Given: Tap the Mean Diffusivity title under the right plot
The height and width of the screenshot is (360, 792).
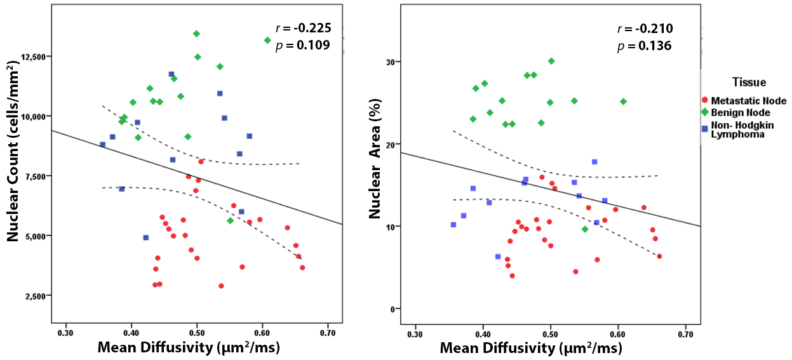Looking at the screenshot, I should [x=531, y=348].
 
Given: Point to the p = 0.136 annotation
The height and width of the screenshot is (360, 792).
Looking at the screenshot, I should [x=644, y=46].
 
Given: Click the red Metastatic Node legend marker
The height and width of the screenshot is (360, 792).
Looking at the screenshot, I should [x=705, y=101].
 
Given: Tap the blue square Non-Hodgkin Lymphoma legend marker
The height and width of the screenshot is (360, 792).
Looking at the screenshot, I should [x=705, y=128].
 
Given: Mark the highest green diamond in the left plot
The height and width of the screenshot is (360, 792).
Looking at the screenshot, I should [x=196, y=34].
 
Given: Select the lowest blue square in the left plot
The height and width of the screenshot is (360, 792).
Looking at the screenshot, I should [x=145, y=237].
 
